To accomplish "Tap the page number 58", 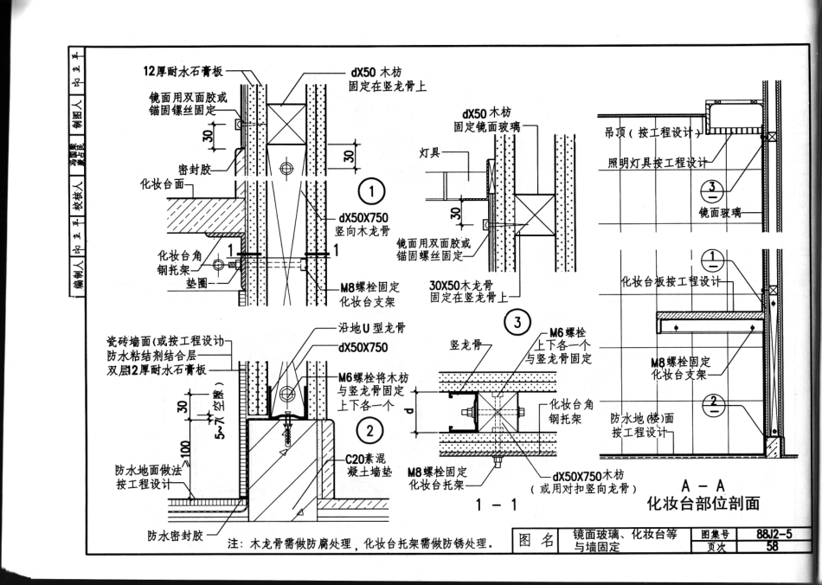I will click(x=772, y=546).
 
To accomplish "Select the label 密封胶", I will click(x=196, y=169).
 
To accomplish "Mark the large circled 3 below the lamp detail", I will click(x=517, y=324).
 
